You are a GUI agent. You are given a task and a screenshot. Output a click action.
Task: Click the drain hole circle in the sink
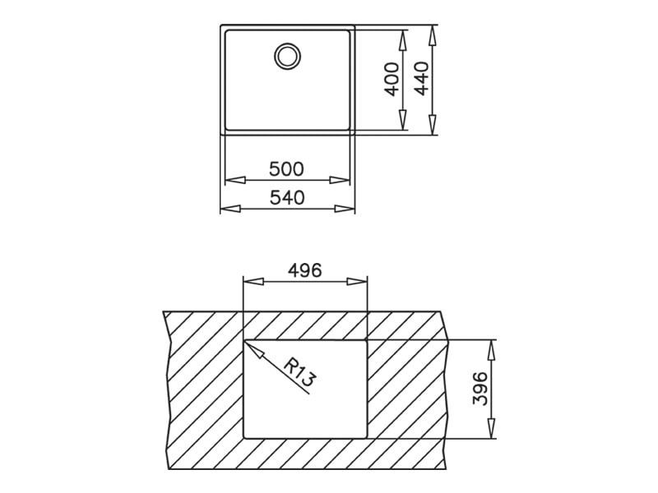coord(287,56)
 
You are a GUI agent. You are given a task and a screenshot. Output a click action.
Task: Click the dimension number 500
coord(286,169)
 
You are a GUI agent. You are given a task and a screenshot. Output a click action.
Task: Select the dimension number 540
coord(286,198)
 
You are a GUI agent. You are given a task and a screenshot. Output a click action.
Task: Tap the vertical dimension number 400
coord(392,79)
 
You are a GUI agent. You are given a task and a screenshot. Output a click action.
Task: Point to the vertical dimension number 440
coord(422,79)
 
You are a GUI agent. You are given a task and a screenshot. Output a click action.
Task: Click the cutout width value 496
coord(304,270)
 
